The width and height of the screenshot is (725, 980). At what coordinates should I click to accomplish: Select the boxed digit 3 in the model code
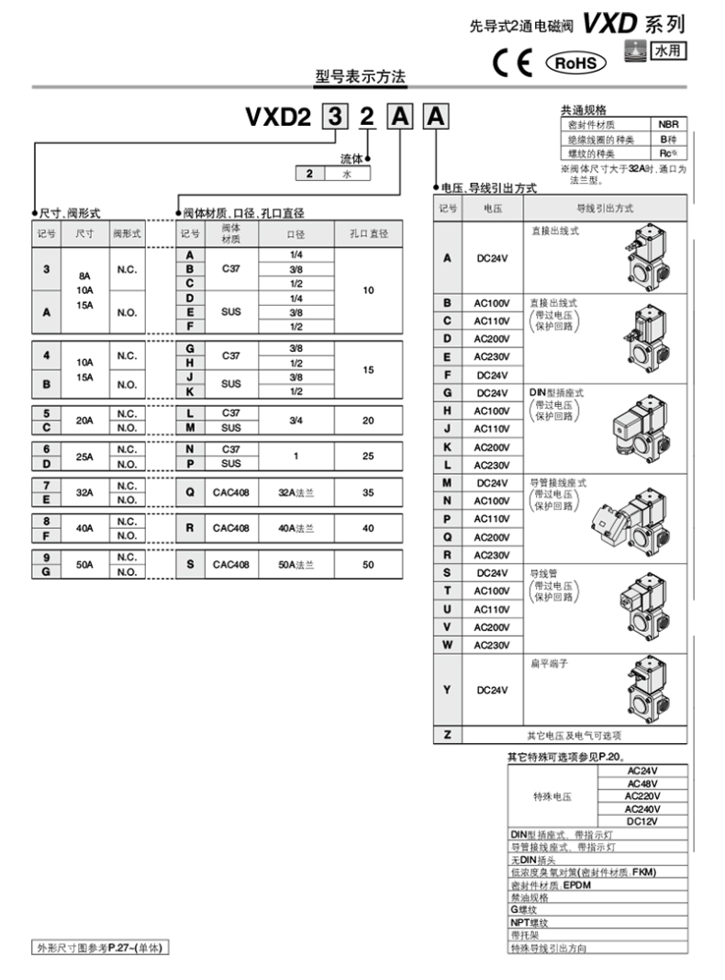click(337, 118)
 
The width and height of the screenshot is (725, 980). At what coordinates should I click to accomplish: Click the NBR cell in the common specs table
click(667, 124)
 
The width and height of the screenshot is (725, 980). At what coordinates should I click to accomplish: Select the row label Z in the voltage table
click(447, 735)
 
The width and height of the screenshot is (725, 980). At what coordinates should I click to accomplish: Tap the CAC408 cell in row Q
click(231, 492)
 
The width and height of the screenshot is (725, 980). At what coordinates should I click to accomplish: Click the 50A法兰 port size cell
click(296, 564)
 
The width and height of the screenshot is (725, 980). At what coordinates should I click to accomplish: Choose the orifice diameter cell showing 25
click(368, 456)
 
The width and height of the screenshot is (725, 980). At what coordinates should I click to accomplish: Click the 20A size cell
click(85, 420)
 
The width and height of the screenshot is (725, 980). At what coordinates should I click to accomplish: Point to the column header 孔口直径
click(368, 233)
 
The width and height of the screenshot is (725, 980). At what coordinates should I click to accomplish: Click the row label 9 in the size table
click(46, 558)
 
